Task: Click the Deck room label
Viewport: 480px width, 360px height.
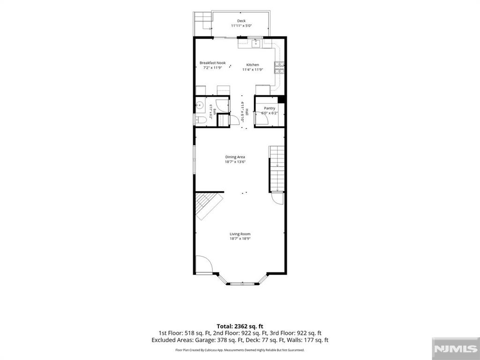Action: pos(241,21)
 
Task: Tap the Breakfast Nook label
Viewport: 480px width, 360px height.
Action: pos(212,63)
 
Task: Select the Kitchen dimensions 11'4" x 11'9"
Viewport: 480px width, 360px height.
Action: pos(253,69)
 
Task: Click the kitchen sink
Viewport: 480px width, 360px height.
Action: pos(256,44)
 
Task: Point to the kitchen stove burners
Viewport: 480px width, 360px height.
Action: pos(279,68)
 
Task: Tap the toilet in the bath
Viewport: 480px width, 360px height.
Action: pos(201,120)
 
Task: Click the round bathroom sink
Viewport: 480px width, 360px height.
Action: pos(200,106)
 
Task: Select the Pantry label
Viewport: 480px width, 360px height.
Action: pos(270,108)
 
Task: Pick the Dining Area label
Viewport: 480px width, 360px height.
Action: pos(235,157)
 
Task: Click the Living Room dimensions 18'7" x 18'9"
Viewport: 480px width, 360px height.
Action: pos(240,239)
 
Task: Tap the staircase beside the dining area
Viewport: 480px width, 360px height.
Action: pos(277,169)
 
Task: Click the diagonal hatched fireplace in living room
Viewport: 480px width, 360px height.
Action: pos(209,206)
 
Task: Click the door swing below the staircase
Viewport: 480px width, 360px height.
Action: pos(277,198)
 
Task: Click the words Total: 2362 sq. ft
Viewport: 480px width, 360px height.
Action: pos(240,326)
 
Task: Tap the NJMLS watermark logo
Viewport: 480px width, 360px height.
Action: pos(456,349)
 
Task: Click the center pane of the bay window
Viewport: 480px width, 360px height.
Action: pos(242,284)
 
